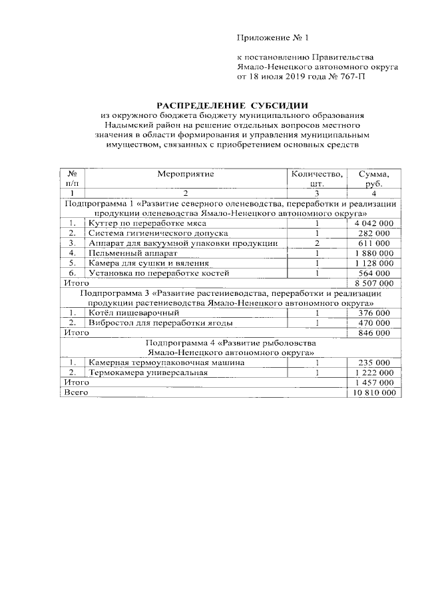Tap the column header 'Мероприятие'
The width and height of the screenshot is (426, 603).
(x=186, y=173)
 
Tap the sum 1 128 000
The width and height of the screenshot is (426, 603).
(x=373, y=263)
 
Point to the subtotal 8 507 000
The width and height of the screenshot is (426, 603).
(x=373, y=283)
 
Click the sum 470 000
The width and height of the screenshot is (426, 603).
(x=373, y=322)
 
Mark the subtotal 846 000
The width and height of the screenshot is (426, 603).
(x=373, y=332)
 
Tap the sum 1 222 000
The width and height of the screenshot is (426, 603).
(x=373, y=372)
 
